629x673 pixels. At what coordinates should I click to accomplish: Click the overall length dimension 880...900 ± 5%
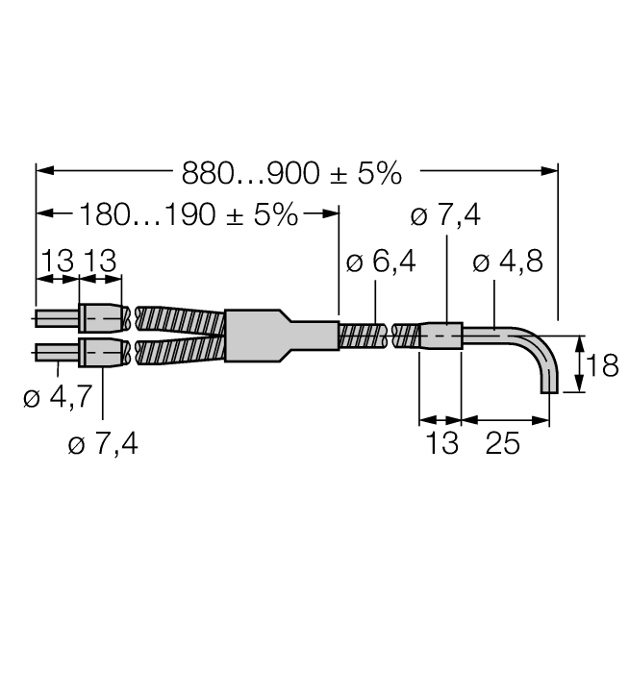[291, 173]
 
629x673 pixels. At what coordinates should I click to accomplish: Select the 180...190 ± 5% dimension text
[189, 214]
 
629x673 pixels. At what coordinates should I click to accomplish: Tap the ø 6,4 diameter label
[381, 262]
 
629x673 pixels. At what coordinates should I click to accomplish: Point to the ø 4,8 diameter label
[508, 262]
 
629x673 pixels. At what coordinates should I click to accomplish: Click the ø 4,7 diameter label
[58, 396]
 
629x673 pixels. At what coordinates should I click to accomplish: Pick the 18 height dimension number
[602, 365]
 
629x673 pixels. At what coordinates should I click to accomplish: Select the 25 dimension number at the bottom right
[503, 443]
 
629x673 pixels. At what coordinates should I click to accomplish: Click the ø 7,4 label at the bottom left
[103, 444]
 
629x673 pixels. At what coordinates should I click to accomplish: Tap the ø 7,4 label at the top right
[445, 215]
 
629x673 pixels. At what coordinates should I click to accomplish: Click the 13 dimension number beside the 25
[442, 443]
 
